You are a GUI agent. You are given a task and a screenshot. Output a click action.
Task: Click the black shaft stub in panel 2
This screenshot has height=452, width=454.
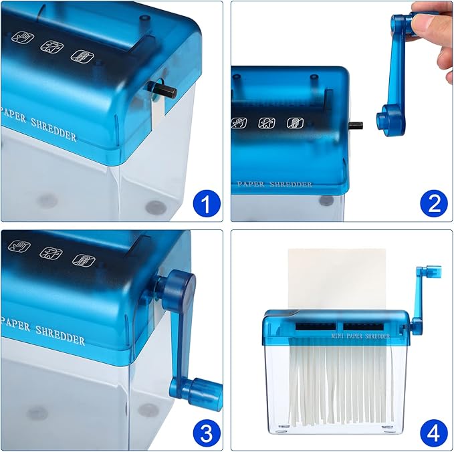(x=356, y=124)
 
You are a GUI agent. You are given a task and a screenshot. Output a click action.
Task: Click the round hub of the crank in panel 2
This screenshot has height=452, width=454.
(x=387, y=118)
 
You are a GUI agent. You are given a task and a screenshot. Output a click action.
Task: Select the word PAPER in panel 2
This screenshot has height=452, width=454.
(x=251, y=183)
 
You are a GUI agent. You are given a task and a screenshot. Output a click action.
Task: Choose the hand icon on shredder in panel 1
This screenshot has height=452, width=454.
(x=19, y=38)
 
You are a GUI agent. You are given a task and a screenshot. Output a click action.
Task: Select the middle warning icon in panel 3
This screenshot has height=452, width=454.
(x=51, y=253)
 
